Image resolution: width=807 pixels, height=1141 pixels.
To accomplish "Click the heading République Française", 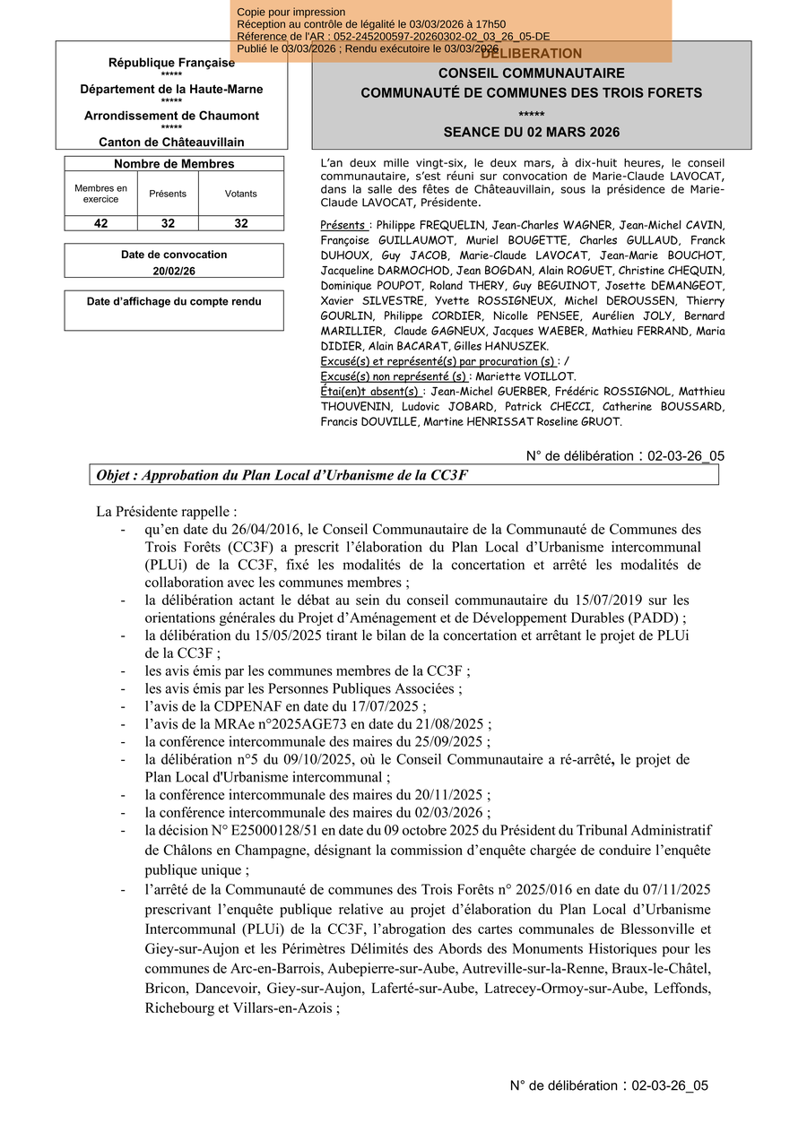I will click(x=171, y=63).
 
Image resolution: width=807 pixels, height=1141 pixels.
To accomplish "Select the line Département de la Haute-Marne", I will click(x=171, y=90).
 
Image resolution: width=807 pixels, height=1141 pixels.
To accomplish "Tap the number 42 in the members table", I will click(x=100, y=223).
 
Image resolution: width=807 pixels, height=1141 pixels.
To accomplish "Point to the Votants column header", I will click(x=240, y=194).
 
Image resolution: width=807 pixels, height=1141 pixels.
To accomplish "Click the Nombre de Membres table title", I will click(x=174, y=164).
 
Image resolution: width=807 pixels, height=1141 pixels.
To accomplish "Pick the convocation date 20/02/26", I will click(x=174, y=270).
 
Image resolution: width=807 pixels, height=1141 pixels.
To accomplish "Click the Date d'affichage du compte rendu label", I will click(x=174, y=302).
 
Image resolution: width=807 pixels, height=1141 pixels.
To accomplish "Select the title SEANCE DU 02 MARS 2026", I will click(x=531, y=132).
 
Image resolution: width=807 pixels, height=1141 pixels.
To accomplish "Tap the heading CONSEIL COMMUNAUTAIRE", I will click(x=531, y=73).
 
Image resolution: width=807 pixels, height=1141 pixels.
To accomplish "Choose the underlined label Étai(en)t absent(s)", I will click(x=370, y=392).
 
